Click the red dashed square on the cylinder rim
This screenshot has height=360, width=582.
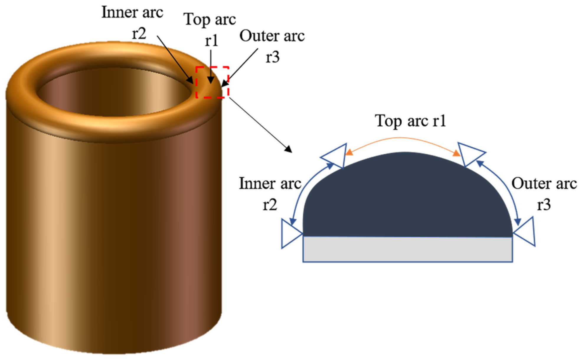click(212, 82)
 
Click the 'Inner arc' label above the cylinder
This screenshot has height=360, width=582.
click(132, 12)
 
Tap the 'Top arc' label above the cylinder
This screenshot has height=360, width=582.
click(210, 20)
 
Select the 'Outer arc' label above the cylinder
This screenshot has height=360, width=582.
click(272, 36)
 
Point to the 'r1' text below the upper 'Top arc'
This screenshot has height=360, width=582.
click(212, 40)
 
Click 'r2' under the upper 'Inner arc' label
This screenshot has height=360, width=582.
click(139, 33)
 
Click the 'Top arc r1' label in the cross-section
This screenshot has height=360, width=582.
click(410, 121)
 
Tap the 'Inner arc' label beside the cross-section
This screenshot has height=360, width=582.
click(270, 184)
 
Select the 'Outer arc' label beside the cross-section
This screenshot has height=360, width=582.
click(544, 184)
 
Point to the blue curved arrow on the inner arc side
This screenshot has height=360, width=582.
click(304, 186)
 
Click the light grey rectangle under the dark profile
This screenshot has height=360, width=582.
click(408, 249)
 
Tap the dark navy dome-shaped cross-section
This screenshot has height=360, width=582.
click(408, 198)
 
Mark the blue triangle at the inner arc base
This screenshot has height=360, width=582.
click(290, 233)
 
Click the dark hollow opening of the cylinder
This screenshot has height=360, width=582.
click(114, 91)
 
